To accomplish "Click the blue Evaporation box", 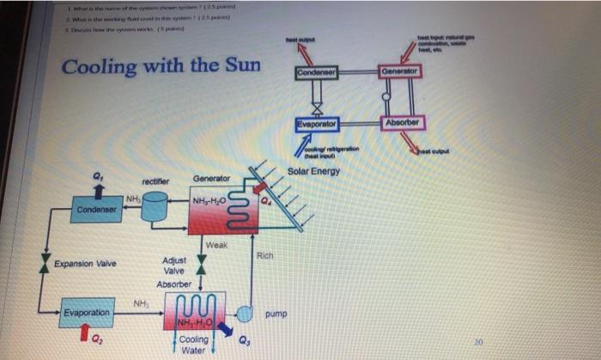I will pyautogui.click(x=86, y=313).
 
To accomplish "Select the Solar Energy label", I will pyautogui.click(x=313, y=171).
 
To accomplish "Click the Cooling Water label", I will pyautogui.click(x=194, y=345).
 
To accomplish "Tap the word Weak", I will pyautogui.click(x=216, y=245).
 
